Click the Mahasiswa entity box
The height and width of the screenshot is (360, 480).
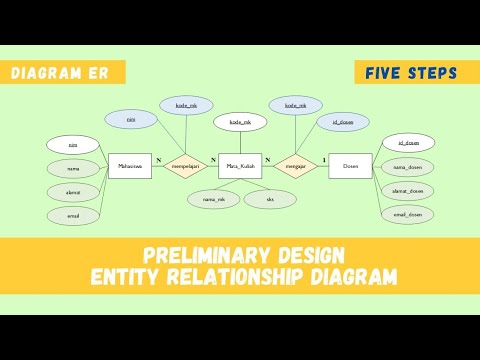[x=129, y=166]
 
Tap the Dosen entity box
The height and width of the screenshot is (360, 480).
[x=350, y=166]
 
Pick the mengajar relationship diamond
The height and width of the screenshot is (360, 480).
[x=295, y=166]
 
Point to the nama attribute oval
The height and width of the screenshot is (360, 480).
[x=74, y=168]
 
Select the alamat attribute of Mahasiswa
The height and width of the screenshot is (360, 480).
[x=74, y=191]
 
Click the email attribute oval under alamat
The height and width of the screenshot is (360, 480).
[x=74, y=214]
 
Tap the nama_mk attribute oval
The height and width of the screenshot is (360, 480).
[x=213, y=199]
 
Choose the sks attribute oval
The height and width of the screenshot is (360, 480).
[x=270, y=199]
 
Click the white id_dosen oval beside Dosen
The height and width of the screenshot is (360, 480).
[x=408, y=144]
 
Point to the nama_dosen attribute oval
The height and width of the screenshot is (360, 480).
[x=408, y=167]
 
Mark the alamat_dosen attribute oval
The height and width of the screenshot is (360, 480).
[x=408, y=190]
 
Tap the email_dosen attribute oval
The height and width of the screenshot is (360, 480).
[x=408, y=214]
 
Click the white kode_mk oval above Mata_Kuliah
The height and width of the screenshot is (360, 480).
[x=240, y=122]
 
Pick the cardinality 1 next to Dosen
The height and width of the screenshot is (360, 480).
[x=323, y=160]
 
